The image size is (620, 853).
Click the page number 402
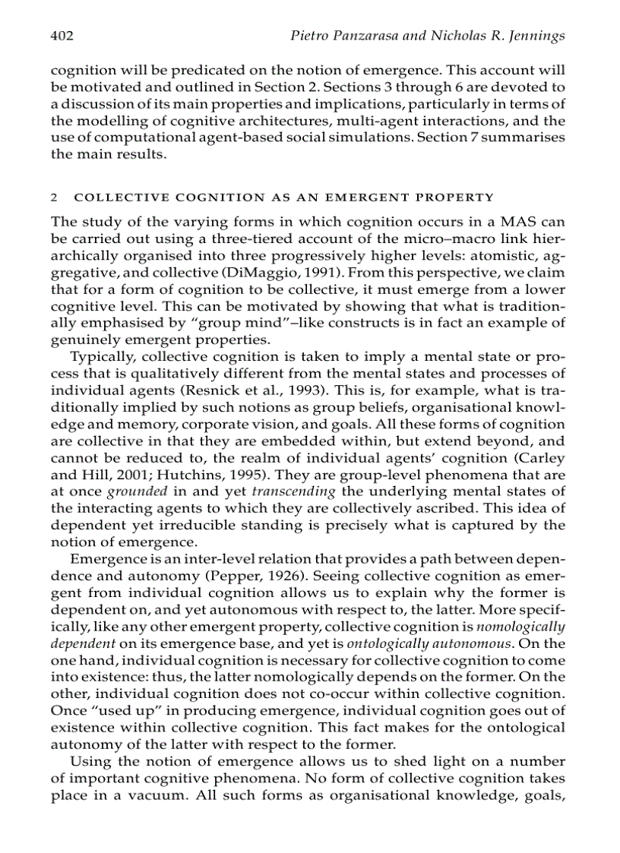pos(62,36)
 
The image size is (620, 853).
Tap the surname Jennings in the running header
pos(536,36)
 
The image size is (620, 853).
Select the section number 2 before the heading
pos(53,197)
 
